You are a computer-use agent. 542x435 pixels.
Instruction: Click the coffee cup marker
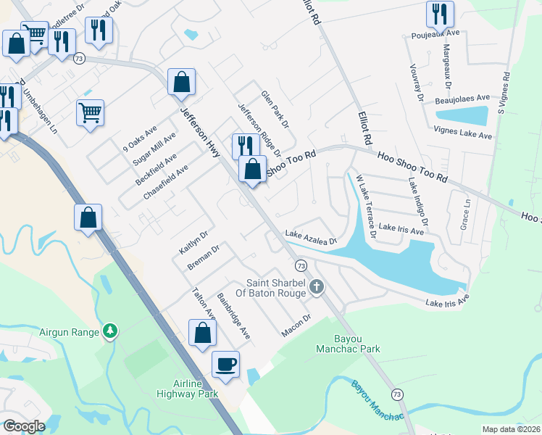[x=225, y=362]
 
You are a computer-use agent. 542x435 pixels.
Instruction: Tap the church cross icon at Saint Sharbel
[x=316, y=288]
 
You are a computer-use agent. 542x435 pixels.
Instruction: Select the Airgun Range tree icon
[x=109, y=331]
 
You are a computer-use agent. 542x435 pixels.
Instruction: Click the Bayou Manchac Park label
[x=357, y=344]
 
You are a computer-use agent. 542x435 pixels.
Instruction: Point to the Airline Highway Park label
[x=186, y=389]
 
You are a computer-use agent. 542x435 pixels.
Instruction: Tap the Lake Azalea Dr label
[x=311, y=238]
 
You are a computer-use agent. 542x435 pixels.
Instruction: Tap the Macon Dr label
[x=296, y=325]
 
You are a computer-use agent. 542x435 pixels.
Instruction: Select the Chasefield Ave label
[x=166, y=183]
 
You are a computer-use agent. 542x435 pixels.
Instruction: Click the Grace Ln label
[x=465, y=210]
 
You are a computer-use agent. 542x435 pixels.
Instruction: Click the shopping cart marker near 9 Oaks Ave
[x=91, y=112]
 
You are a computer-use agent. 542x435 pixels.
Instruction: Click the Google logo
[x=24, y=426]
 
